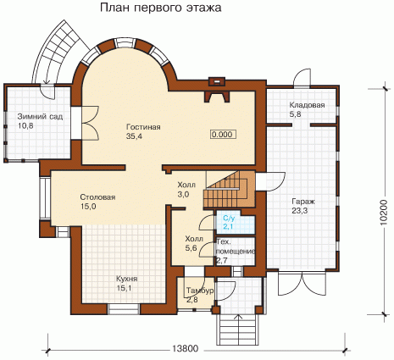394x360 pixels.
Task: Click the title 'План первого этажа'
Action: click(161, 8)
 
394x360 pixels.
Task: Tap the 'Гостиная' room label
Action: click(143, 127)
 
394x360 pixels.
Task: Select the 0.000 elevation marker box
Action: click(223, 135)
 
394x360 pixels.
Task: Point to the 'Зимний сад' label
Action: click(40, 116)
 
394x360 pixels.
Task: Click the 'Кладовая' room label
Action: click(307, 105)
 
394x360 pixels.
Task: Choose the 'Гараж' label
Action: click(303, 202)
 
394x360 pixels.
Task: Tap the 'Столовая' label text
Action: click(97, 197)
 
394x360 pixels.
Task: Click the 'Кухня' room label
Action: click(127, 279)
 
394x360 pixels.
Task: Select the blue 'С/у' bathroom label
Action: click(229, 218)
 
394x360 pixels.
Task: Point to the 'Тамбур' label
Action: click(200, 291)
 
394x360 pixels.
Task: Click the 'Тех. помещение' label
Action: click(236, 246)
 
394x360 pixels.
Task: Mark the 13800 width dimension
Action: click(185, 349)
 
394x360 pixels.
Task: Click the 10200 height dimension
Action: click(384, 213)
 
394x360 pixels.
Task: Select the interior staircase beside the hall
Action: click(229, 189)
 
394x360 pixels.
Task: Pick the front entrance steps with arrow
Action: click(238, 330)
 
